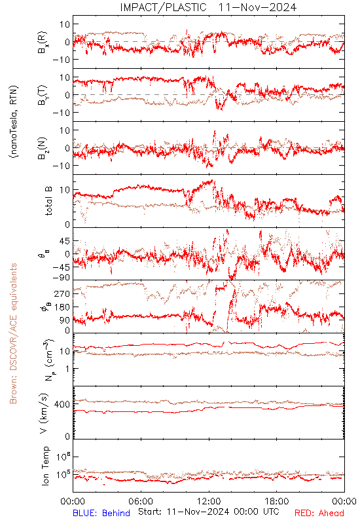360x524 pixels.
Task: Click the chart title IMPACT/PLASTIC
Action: point(163,7)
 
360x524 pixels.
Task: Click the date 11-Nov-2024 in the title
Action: point(257,7)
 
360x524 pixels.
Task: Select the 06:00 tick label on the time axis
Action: point(141,501)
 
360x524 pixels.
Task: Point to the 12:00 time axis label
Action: point(209,501)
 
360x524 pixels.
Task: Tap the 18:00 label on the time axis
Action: point(277,501)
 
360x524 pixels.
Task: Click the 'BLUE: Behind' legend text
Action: point(101,513)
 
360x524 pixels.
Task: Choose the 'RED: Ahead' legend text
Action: point(319,513)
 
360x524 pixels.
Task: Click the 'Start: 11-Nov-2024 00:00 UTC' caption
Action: point(209,512)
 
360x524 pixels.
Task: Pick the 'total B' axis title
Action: point(48,201)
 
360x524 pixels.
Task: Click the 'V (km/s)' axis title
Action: point(44,413)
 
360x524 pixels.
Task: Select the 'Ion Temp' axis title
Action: point(45,466)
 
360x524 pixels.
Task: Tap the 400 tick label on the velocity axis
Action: point(62,405)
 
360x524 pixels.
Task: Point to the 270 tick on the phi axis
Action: point(62,294)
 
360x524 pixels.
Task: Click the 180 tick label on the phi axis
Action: point(62,307)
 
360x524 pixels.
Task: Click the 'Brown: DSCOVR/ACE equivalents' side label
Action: point(13,333)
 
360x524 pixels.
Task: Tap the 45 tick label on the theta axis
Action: point(65,241)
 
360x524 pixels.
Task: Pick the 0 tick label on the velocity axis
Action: point(68,437)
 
